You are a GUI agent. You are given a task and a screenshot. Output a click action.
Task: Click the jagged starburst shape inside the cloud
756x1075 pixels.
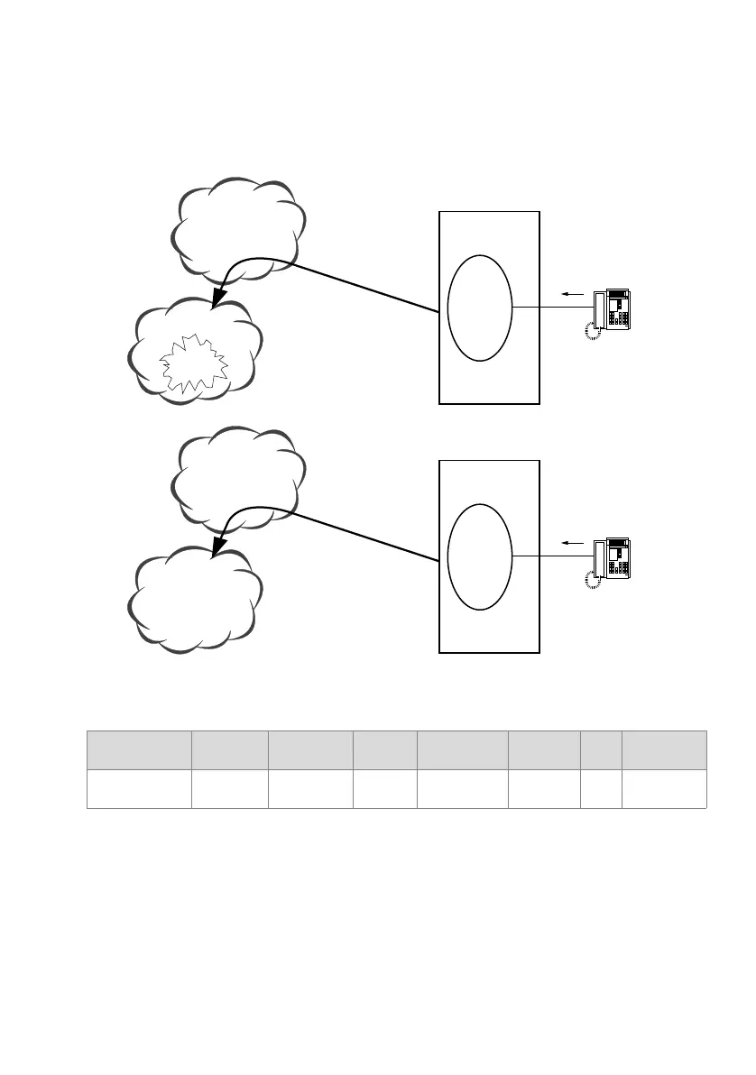(x=193, y=364)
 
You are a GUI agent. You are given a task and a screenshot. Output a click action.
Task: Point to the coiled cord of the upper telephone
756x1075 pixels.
(x=592, y=333)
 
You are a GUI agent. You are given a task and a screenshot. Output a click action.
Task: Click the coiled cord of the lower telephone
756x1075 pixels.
(x=592, y=581)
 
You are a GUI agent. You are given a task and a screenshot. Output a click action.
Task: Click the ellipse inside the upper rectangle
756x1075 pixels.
(x=480, y=308)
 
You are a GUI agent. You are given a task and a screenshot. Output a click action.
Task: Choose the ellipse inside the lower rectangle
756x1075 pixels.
(x=480, y=556)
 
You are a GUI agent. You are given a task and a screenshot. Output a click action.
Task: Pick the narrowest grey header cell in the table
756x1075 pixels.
(x=601, y=749)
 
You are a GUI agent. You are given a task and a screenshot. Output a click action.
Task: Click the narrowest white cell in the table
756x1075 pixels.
(x=601, y=789)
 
